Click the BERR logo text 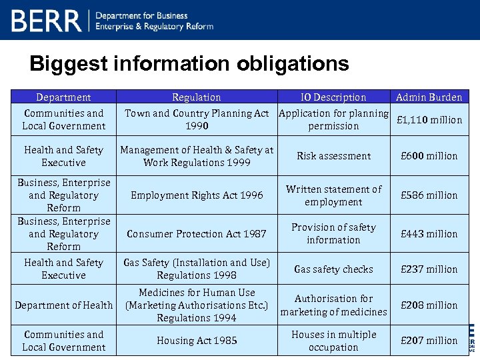(x=45, y=20)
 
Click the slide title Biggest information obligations (x=189, y=64)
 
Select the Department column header (x=63, y=97)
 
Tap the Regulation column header (x=197, y=97)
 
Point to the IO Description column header (x=333, y=97)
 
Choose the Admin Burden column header (x=429, y=97)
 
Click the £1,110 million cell (x=429, y=120)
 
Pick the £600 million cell (x=429, y=156)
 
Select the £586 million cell (x=429, y=195)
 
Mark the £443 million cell (x=429, y=234)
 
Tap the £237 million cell (x=429, y=269)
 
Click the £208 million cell (x=429, y=305)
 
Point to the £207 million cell (x=429, y=341)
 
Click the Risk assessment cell (x=333, y=156)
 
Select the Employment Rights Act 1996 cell (x=197, y=195)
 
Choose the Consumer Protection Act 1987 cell (x=197, y=234)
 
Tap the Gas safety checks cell (x=333, y=269)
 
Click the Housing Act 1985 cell (x=197, y=341)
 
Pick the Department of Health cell (x=63, y=305)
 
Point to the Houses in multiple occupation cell (x=333, y=341)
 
